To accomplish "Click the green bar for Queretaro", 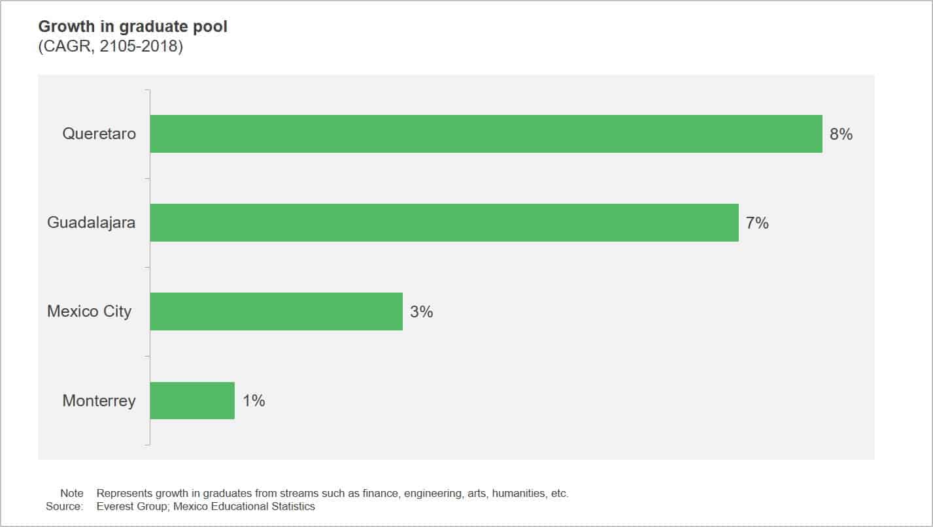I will click(486, 134).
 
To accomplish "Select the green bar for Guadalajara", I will click(444, 223).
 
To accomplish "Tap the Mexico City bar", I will click(276, 311).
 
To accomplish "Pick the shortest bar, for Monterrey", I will click(192, 400).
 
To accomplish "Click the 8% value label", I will click(841, 135).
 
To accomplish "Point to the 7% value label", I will click(757, 223).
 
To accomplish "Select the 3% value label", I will click(422, 312).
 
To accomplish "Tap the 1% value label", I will click(254, 401).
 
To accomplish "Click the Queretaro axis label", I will click(99, 134).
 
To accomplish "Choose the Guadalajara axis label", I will click(92, 223).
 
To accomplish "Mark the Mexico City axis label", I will click(89, 311).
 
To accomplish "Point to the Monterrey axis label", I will click(99, 400).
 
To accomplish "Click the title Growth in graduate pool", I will click(133, 27).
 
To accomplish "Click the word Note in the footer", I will click(72, 494).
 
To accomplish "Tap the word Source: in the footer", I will click(65, 507).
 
